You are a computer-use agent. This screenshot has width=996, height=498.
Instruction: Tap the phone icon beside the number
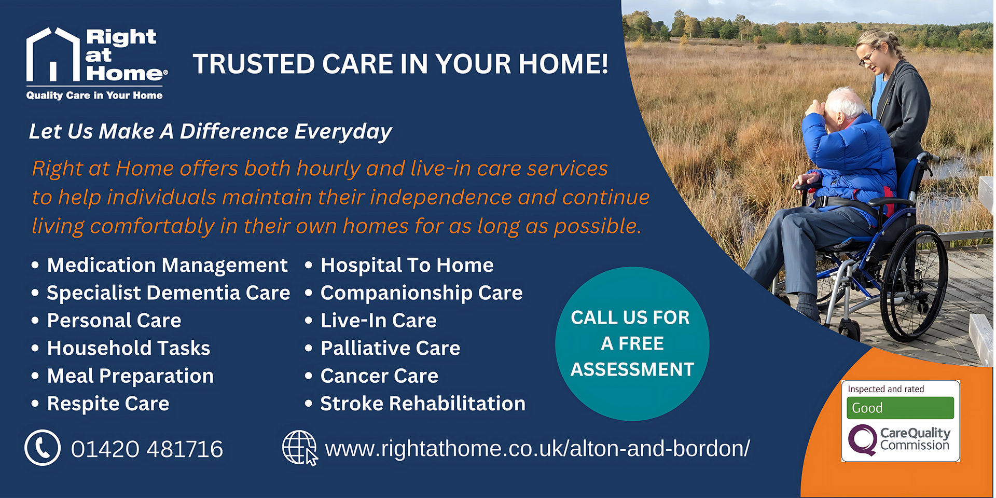point(43,448)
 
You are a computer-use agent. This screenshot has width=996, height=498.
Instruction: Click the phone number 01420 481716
point(147,449)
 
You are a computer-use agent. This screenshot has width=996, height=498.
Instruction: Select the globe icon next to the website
point(300,448)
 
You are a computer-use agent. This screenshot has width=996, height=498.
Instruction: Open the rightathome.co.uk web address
point(537,449)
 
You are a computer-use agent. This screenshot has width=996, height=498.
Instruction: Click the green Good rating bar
point(900,408)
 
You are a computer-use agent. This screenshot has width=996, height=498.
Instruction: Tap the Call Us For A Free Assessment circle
point(632,343)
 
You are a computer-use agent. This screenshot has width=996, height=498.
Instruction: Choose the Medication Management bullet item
point(167,266)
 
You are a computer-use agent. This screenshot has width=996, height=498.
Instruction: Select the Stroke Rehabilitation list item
point(423,404)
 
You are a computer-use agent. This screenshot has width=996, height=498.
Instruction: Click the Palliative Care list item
point(390,348)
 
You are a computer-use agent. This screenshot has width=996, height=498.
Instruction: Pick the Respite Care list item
point(108,404)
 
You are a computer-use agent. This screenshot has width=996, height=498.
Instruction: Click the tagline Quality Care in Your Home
point(94,95)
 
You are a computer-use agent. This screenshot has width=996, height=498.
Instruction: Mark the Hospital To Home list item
point(407,266)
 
